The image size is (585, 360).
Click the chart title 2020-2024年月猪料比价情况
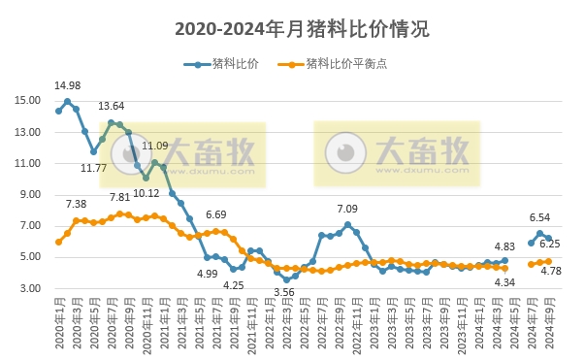[x=292, y=29]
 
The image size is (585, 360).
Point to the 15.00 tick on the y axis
[x=28, y=100]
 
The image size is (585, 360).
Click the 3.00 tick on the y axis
[x=28, y=288]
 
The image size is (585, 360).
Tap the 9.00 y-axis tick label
[x=28, y=194]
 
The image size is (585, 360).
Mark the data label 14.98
[x=67, y=85]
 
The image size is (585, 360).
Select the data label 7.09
[x=347, y=209]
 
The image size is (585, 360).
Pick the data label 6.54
[x=539, y=217]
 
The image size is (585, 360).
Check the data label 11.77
[x=93, y=168]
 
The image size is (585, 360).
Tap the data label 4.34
[x=504, y=281]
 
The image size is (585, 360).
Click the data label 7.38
[x=76, y=204]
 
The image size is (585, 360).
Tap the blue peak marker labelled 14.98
[x=67, y=101]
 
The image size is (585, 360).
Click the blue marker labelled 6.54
[x=539, y=233]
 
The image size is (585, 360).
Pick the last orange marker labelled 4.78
[x=548, y=261]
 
